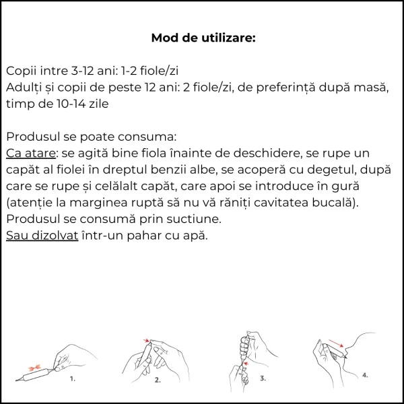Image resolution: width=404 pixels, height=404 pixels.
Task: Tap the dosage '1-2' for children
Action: point(132,71)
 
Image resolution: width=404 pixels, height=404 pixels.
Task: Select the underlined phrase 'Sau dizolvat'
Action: point(42,236)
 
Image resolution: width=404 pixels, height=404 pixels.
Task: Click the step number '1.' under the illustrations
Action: point(72,378)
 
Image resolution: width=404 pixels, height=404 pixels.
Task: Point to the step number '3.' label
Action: point(263,379)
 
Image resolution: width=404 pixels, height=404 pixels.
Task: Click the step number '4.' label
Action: point(364,374)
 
